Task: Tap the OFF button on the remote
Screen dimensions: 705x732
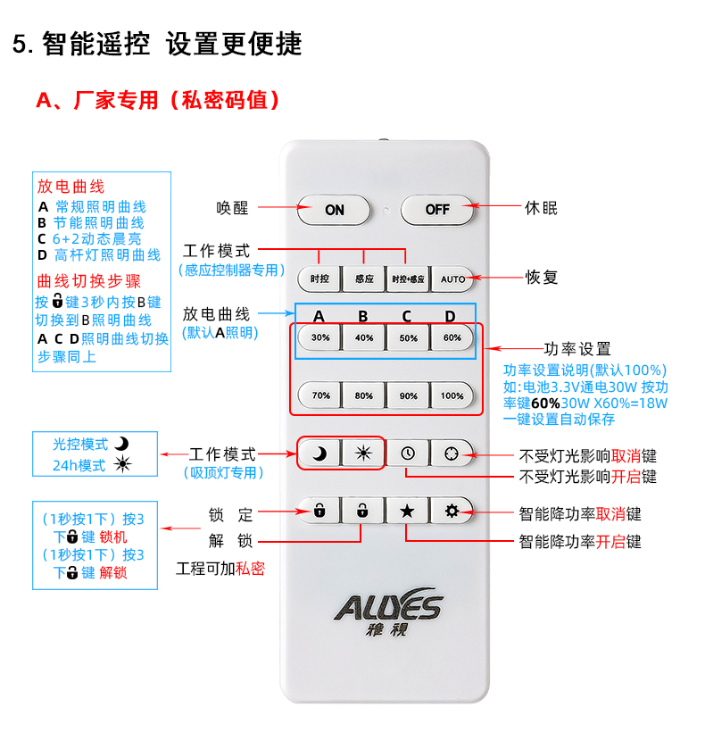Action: click(x=436, y=210)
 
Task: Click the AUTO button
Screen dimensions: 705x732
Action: click(x=452, y=279)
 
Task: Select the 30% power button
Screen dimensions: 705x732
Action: click(x=320, y=337)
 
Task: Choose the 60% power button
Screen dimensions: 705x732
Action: click(x=452, y=337)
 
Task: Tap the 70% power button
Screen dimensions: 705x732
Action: click(x=320, y=395)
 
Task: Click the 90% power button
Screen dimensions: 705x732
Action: click(x=408, y=395)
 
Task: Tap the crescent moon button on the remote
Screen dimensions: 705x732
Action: click(x=319, y=453)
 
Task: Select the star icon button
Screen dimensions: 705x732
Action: click(x=407, y=511)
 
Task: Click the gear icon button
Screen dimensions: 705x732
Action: click(x=452, y=511)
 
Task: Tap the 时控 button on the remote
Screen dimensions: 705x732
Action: click(x=319, y=279)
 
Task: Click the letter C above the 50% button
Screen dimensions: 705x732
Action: click(x=407, y=317)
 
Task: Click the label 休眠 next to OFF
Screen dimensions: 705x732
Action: click(x=541, y=208)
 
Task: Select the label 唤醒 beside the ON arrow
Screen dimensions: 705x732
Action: click(x=232, y=208)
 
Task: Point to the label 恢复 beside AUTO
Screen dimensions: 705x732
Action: click(x=541, y=278)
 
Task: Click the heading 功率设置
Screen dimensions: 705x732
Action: click(x=577, y=349)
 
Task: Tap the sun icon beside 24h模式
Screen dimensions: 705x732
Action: click(x=123, y=464)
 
